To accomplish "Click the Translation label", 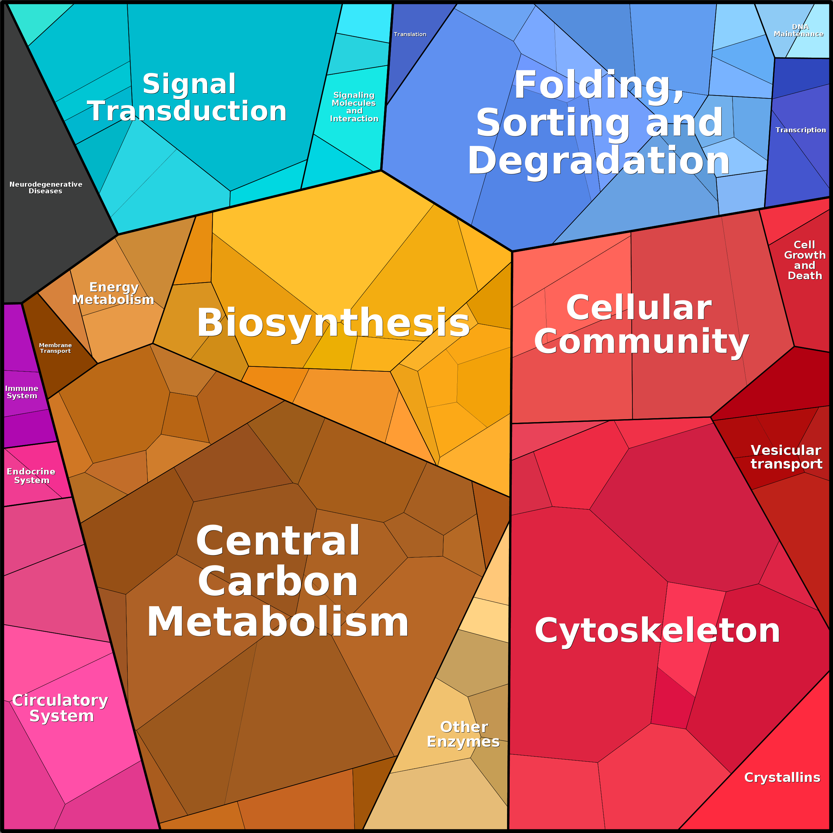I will [410, 34].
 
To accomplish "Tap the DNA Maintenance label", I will [799, 30].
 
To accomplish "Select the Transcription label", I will [801, 130].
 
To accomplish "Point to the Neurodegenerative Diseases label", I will [46, 188].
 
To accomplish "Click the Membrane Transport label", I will [55, 348].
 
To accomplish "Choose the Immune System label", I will [22, 392].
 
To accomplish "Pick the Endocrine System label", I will [31, 476].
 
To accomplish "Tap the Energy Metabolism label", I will [113, 293].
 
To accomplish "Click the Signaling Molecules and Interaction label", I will [354, 106].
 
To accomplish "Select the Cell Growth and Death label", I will [804, 260].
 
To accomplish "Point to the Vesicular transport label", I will [786, 457].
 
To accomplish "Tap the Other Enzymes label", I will [464, 734].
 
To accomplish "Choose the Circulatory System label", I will [60, 708].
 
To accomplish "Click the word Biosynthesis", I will [333, 323].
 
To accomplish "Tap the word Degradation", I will [599, 161].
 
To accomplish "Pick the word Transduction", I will [187, 111].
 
